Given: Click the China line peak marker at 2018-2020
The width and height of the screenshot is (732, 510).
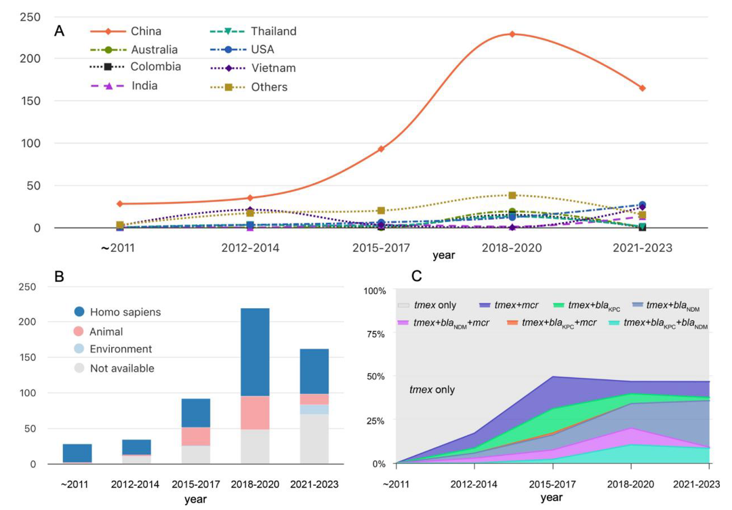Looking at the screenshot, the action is pyautogui.click(x=512, y=34).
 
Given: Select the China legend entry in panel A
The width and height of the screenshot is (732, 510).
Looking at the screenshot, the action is pyautogui.click(x=126, y=31).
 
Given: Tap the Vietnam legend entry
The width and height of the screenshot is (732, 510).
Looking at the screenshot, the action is pyautogui.click(x=253, y=68).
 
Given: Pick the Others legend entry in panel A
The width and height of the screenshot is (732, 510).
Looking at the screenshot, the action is pyautogui.click(x=249, y=87).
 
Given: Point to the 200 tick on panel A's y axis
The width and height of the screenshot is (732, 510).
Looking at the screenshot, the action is pyautogui.click(x=30, y=59).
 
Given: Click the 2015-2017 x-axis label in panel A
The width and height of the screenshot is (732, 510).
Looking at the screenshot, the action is pyautogui.click(x=381, y=248).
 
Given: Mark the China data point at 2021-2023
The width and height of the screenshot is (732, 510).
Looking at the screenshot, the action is pyautogui.click(x=643, y=88).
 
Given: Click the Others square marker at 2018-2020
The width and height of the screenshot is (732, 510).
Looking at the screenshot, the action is pyautogui.click(x=512, y=195).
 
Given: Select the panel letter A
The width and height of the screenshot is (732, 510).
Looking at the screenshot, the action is pyautogui.click(x=59, y=30).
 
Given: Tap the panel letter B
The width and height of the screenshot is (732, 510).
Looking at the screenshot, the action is pyautogui.click(x=59, y=277).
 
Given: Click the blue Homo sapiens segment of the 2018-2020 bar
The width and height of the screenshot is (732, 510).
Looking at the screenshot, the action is pyautogui.click(x=255, y=352).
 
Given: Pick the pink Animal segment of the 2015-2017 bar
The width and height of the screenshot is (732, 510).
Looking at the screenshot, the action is pyautogui.click(x=196, y=437).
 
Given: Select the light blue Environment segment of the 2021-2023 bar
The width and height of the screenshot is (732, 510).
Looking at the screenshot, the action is pyautogui.click(x=314, y=410).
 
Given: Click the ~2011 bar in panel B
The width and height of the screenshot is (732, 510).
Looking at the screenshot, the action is pyautogui.click(x=77, y=454).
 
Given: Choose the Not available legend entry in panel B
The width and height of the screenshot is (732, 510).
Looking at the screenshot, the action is pyautogui.click(x=115, y=368).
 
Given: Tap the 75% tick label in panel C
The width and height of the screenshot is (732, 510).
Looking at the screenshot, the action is pyautogui.click(x=375, y=335).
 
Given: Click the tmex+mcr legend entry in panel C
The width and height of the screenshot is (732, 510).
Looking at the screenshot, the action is pyautogui.click(x=508, y=305).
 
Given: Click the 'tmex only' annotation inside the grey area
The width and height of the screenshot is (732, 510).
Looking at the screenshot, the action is pyautogui.click(x=432, y=389).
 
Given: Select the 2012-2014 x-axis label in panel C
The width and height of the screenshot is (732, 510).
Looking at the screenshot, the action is pyautogui.click(x=473, y=484).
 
